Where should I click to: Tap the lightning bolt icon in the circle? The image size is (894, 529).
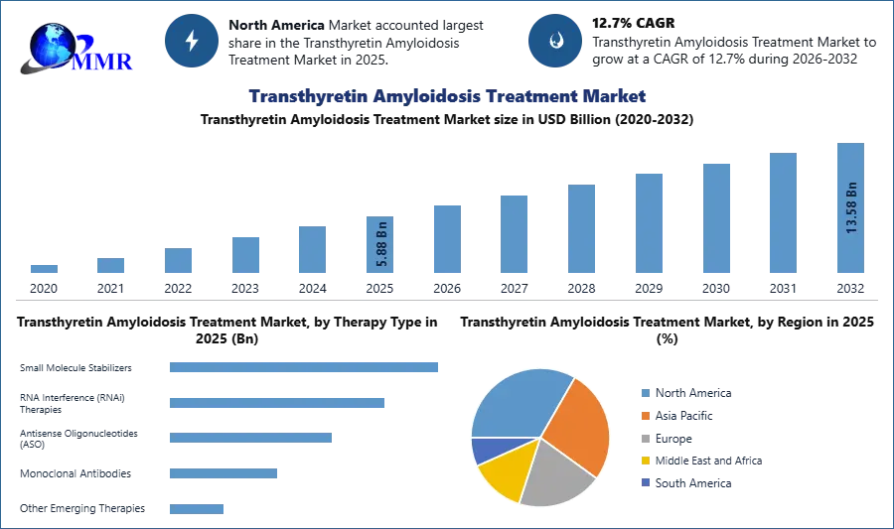(192, 41)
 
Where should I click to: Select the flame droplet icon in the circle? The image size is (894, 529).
(555, 41)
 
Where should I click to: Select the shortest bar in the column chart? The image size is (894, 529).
(44, 269)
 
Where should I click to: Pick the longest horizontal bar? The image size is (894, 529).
(305, 366)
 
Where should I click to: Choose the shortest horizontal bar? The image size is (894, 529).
(198, 508)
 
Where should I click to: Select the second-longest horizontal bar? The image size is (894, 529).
(277, 404)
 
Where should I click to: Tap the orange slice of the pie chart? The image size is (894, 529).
(579, 424)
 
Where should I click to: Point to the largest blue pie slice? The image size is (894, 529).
(517, 402)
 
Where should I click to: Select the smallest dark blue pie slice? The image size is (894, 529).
(483, 451)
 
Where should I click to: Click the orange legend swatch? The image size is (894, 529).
(644, 415)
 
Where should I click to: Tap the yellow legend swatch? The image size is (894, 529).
(644, 461)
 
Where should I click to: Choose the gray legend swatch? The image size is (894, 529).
(644, 438)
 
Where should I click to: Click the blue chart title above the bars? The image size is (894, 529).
(448, 96)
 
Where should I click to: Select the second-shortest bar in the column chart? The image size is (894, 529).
(111, 265)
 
